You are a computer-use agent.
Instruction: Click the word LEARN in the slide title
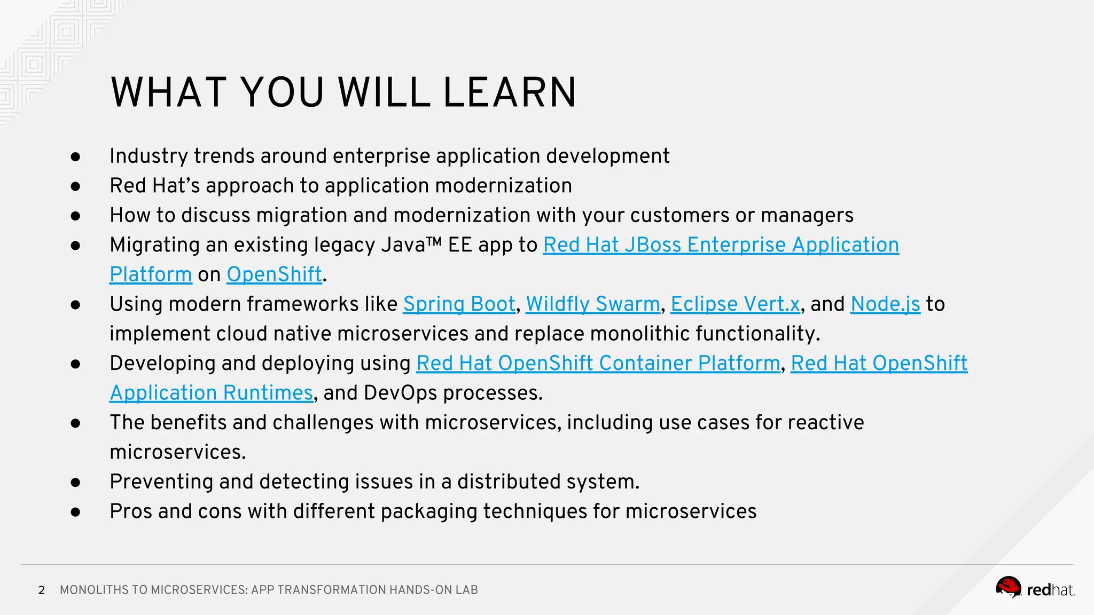pyautogui.click(x=510, y=92)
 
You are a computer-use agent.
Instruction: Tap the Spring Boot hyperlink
pyautogui.click(x=459, y=304)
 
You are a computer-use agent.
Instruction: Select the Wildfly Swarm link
pyautogui.click(x=593, y=304)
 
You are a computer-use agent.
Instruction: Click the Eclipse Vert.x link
pyautogui.click(x=735, y=304)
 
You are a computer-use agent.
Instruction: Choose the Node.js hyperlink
pyautogui.click(x=885, y=304)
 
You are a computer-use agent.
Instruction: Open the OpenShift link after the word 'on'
pyautogui.click(x=274, y=274)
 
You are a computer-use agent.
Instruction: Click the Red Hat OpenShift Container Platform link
pyautogui.click(x=598, y=364)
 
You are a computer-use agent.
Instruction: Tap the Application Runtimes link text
pyautogui.click(x=211, y=393)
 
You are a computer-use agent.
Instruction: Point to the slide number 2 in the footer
pyautogui.click(x=42, y=590)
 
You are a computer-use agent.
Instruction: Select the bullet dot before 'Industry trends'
pyautogui.click(x=75, y=156)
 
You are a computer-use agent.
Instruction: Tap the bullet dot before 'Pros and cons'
pyautogui.click(x=75, y=512)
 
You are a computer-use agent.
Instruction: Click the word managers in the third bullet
pyautogui.click(x=807, y=216)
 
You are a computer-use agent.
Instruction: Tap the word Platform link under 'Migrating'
pyautogui.click(x=151, y=274)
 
